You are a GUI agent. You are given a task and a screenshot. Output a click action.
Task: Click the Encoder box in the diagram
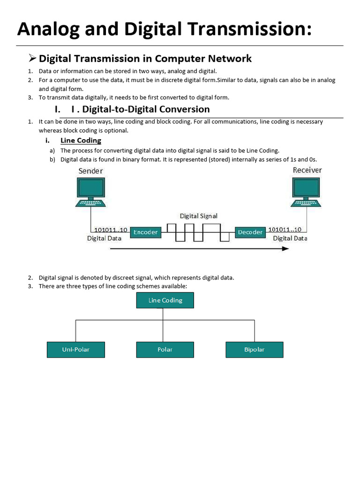(x=146, y=232)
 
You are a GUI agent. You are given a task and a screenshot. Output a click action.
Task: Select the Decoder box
(x=250, y=232)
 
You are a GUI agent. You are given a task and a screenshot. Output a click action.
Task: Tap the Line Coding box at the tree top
(x=165, y=300)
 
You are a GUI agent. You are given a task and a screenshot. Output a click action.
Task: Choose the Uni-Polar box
(x=75, y=350)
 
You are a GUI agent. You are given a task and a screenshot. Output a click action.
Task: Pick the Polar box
(x=165, y=350)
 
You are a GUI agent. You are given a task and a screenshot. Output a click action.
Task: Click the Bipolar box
(x=254, y=350)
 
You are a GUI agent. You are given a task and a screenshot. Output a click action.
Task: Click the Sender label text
(x=90, y=171)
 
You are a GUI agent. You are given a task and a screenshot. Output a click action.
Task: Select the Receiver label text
(x=307, y=170)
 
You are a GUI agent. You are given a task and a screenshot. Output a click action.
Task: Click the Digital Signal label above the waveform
(x=199, y=216)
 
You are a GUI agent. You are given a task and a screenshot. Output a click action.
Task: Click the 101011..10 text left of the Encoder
(x=111, y=230)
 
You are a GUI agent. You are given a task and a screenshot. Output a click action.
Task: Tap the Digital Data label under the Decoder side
(x=290, y=238)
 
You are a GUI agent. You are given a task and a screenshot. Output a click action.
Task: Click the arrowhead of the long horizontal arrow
(x=286, y=248)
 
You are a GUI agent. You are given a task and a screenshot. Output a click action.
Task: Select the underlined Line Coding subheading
(x=81, y=141)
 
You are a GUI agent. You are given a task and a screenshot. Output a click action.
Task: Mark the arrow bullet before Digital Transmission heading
(x=32, y=59)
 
